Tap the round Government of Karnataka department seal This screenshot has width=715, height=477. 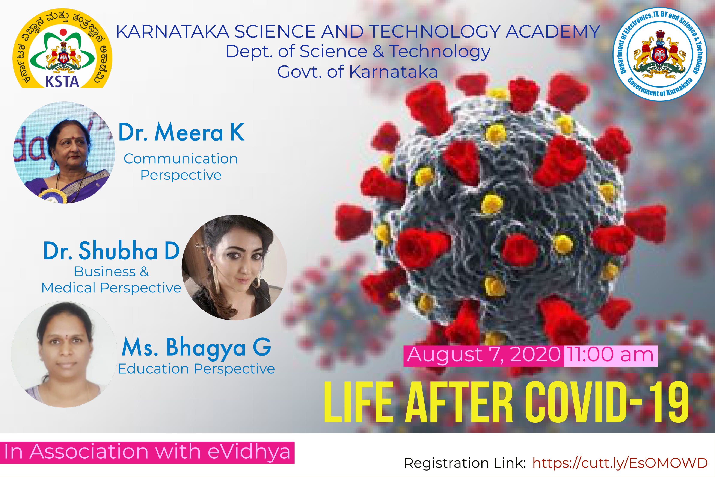pyautogui.click(x=660, y=54)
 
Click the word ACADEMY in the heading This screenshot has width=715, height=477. pyautogui.click(x=553, y=31)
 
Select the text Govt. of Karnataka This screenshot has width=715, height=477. pyautogui.click(x=357, y=72)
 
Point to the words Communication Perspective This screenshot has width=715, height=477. pyautogui.click(x=181, y=167)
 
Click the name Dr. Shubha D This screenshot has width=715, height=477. pyautogui.click(x=112, y=250)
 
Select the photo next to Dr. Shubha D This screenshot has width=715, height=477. pyautogui.click(x=234, y=267)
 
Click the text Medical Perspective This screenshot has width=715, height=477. pyautogui.click(x=112, y=288)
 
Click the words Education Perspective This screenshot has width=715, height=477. pyautogui.click(x=196, y=369)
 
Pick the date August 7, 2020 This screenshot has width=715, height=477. pyautogui.click(x=484, y=355)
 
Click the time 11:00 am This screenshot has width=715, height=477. pyautogui.click(x=610, y=355)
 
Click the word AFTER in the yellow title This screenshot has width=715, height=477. pyautogui.click(x=460, y=402)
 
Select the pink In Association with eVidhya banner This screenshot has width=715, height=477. pyautogui.click(x=147, y=452)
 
